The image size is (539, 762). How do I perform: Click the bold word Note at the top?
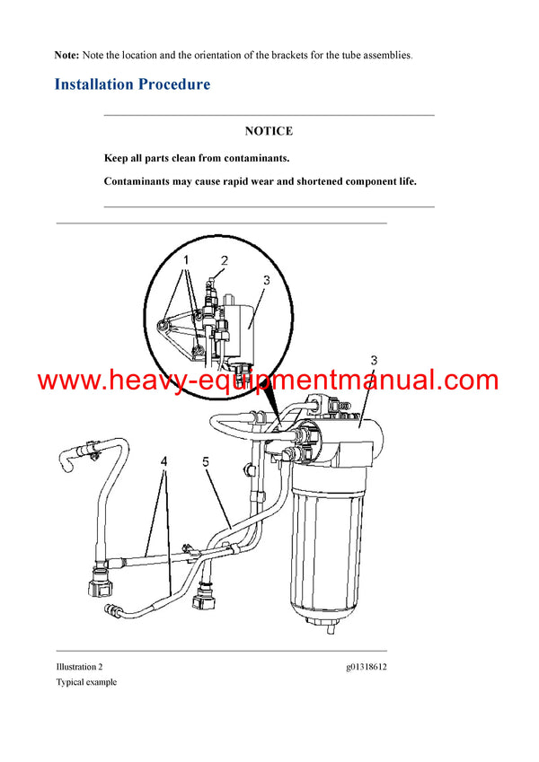pos(66,56)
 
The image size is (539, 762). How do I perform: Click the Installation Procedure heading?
pos(132,85)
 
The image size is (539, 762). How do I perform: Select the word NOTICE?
pos(269,131)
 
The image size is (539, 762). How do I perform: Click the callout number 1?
pos(187,259)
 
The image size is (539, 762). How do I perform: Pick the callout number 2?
pos(225,261)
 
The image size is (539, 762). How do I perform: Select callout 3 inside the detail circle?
pos(266,280)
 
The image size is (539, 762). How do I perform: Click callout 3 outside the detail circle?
pos(373,360)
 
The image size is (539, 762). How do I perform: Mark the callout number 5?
pos(205,463)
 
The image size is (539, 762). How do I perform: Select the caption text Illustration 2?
pos(79,667)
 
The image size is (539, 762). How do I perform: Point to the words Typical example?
pos(86,682)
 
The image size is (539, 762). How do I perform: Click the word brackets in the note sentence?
pos(267,56)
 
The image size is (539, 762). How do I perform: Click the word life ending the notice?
pos(406,181)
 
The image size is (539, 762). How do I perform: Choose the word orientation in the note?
pos(204,56)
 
